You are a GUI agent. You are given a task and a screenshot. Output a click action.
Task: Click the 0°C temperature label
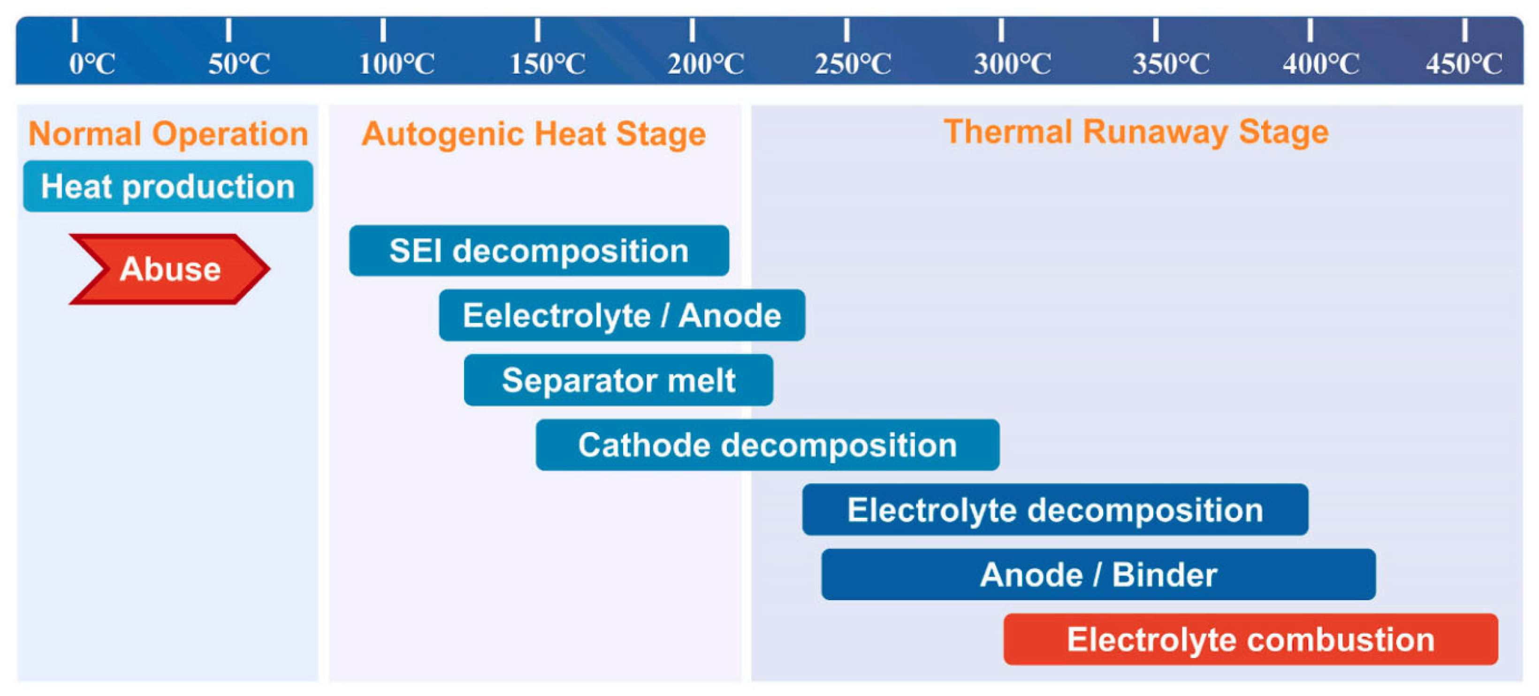[x=92, y=63]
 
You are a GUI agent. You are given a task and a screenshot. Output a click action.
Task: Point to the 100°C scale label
[x=396, y=63]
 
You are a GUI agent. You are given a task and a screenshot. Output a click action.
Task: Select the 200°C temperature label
[x=706, y=63]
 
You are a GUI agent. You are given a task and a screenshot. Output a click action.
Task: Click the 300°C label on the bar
[x=1013, y=63]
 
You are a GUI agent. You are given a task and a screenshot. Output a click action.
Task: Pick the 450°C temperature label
[x=1464, y=63]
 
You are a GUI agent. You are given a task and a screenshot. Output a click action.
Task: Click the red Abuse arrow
[x=170, y=269]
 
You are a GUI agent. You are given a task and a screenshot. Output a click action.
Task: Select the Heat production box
[x=168, y=186]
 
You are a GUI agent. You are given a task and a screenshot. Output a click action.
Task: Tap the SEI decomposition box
[x=539, y=250]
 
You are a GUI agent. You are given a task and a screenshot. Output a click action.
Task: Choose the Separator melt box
[x=618, y=380]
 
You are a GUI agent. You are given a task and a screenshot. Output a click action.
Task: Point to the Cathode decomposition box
[x=767, y=445]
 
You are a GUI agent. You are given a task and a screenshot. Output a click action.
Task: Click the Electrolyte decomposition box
[x=1055, y=510]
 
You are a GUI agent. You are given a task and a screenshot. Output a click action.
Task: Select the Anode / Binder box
[x=1098, y=574]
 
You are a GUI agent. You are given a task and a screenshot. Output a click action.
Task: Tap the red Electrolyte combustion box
[x=1250, y=639]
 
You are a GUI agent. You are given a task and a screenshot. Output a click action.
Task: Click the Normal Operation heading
[x=168, y=133]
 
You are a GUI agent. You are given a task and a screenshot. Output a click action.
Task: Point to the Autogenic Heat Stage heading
[x=533, y=133]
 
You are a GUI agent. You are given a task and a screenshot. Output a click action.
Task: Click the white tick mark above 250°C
[x=846, y=30]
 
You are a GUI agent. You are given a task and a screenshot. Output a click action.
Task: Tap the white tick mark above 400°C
[x=1310, y=30]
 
